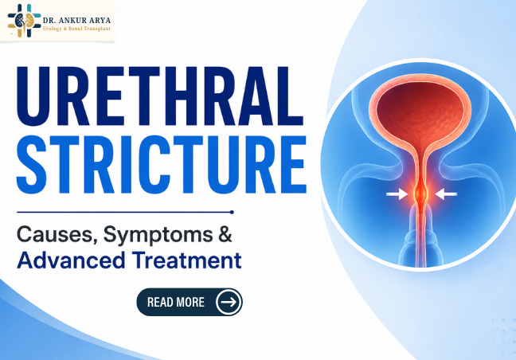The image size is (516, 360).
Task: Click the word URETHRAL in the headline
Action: (x=160, y=96)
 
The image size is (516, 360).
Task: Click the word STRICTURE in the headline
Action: (x=162, y=165)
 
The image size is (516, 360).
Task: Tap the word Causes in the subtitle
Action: (x=57, y=235)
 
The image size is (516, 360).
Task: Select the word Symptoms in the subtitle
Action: (x=158, y=236)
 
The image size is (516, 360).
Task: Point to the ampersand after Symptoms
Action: (x=225, y=234)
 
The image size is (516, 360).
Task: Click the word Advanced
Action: (x=71, y=260)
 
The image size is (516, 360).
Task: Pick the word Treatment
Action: (x=187, y=260)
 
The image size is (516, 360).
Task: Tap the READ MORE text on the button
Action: (x=176, y=302)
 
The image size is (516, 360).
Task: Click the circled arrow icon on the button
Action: (x=229, y=302)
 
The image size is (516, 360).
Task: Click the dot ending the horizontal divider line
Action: (x=232, y=212)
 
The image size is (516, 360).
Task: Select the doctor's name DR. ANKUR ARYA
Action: (x=76, y=21)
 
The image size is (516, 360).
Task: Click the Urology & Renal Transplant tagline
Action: (x=76, y=29)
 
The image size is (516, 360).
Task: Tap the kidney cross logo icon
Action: (x=25, y=21)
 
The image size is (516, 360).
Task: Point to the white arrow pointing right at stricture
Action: (x=397, y=194)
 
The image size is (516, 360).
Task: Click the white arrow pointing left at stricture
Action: (x=446, y=194)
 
